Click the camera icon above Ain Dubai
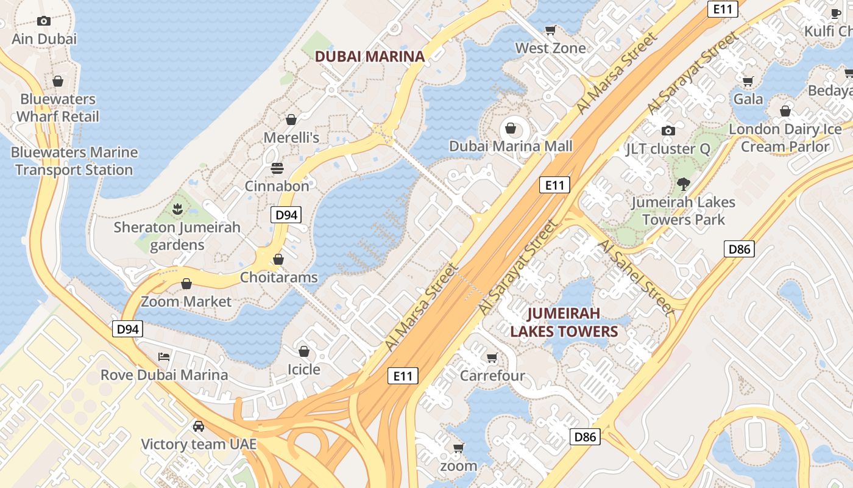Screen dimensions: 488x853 [43, 21]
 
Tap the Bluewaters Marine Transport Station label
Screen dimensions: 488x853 [74, 161]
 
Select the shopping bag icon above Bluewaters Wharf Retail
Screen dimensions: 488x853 [58, 81]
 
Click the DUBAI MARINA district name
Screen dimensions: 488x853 [369, 57]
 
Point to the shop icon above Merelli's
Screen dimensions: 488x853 [291, 120]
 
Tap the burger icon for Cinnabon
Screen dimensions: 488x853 [277, 168]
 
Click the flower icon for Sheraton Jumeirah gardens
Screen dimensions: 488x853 [177, 209]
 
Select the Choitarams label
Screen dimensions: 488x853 [278, 278]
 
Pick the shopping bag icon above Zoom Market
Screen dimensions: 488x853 [186, 284]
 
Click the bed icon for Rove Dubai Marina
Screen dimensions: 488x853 [164, 357]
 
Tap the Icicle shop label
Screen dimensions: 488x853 [303, 370]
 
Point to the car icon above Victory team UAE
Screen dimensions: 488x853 [199, 426]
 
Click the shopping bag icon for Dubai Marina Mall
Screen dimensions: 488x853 [511, 128]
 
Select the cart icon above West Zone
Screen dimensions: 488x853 [551, 30]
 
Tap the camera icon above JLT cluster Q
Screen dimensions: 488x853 [668, 131]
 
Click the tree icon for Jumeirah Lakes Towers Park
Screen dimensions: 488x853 [684, 184]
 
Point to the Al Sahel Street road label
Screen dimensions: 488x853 [637, 277]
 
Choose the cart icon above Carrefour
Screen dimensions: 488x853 [492, 357]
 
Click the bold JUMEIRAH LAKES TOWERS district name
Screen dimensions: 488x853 [564, 322]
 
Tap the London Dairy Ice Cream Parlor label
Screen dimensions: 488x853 [785, 138]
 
